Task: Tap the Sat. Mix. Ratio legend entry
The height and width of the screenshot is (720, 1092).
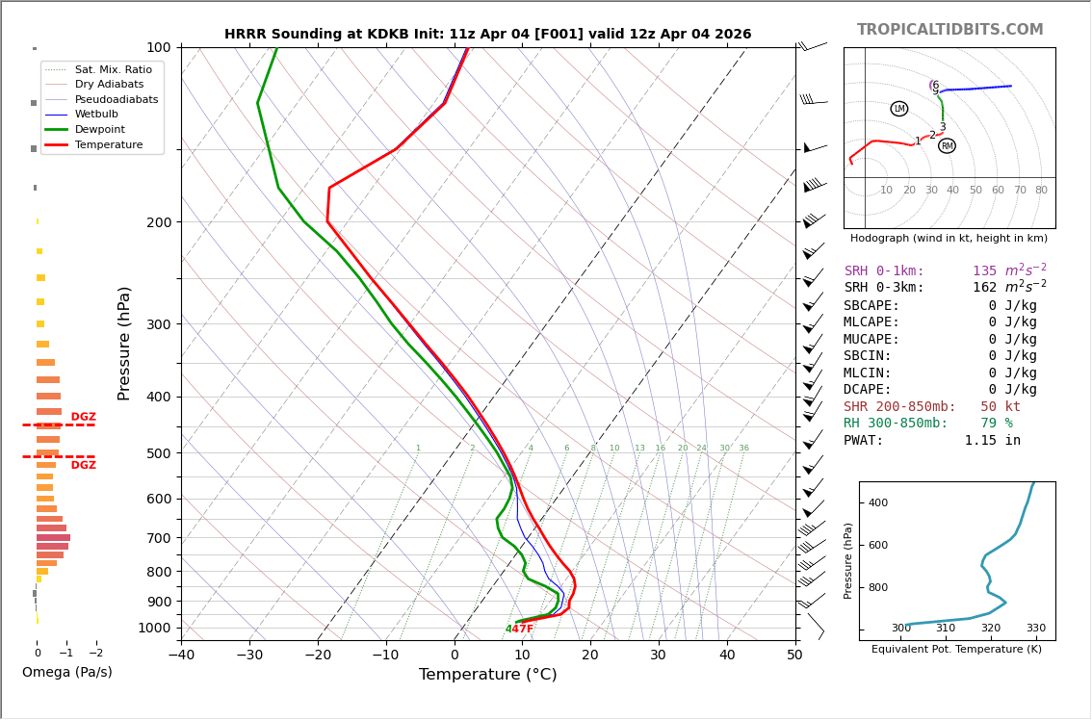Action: [113, 69]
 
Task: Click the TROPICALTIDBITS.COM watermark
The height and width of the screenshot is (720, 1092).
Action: [949, 30]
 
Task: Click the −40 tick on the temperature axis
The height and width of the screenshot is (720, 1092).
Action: [181, 656]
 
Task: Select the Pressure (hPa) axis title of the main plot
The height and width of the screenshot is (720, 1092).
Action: [124, 343]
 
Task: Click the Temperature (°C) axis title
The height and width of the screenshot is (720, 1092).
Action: [487, 675]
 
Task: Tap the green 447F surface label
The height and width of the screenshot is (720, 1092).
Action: [519, 630]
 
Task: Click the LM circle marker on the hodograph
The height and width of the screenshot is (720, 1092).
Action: [898, 109]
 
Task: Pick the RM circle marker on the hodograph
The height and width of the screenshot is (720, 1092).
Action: [947, 146]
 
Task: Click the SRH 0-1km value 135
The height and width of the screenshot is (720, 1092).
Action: [984, 271]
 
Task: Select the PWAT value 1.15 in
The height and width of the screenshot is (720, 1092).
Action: [992, 441]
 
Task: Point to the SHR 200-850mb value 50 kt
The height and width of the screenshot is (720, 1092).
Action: [1000, 407]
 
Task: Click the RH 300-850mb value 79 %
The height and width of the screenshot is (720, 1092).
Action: [996, 424]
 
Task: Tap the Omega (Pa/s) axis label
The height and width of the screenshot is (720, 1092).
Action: [66, 672]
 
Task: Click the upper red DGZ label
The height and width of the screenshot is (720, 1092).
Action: [83, 418]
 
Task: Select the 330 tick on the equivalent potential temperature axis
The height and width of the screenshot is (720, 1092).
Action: [1035, 629]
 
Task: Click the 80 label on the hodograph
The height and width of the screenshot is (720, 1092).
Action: [1041, 191]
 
